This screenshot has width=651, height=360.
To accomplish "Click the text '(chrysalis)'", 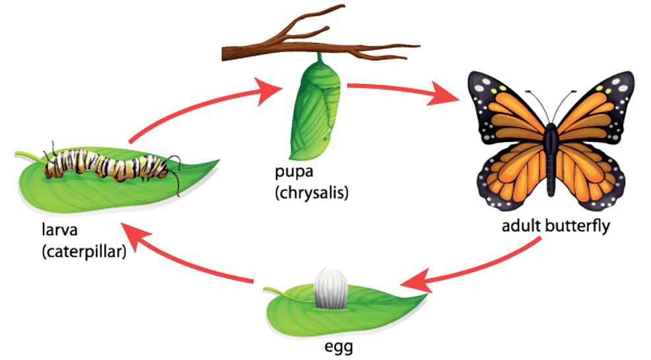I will (x=312, y=194).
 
